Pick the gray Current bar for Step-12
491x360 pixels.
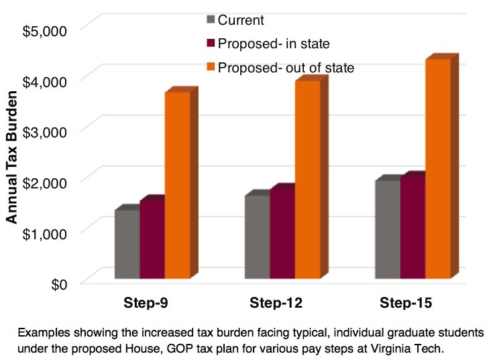point(257,237)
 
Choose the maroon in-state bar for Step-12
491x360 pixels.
point(282,233)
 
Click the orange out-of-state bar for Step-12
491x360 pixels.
point(308,179)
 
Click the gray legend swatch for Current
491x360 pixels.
point(211,20)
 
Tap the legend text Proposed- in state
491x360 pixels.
point(272,44)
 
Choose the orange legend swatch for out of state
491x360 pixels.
point(211,68)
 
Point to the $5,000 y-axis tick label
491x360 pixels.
point(45,30)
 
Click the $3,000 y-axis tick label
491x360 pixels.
point(45,131)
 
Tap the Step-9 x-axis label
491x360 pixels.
point(146,303)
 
